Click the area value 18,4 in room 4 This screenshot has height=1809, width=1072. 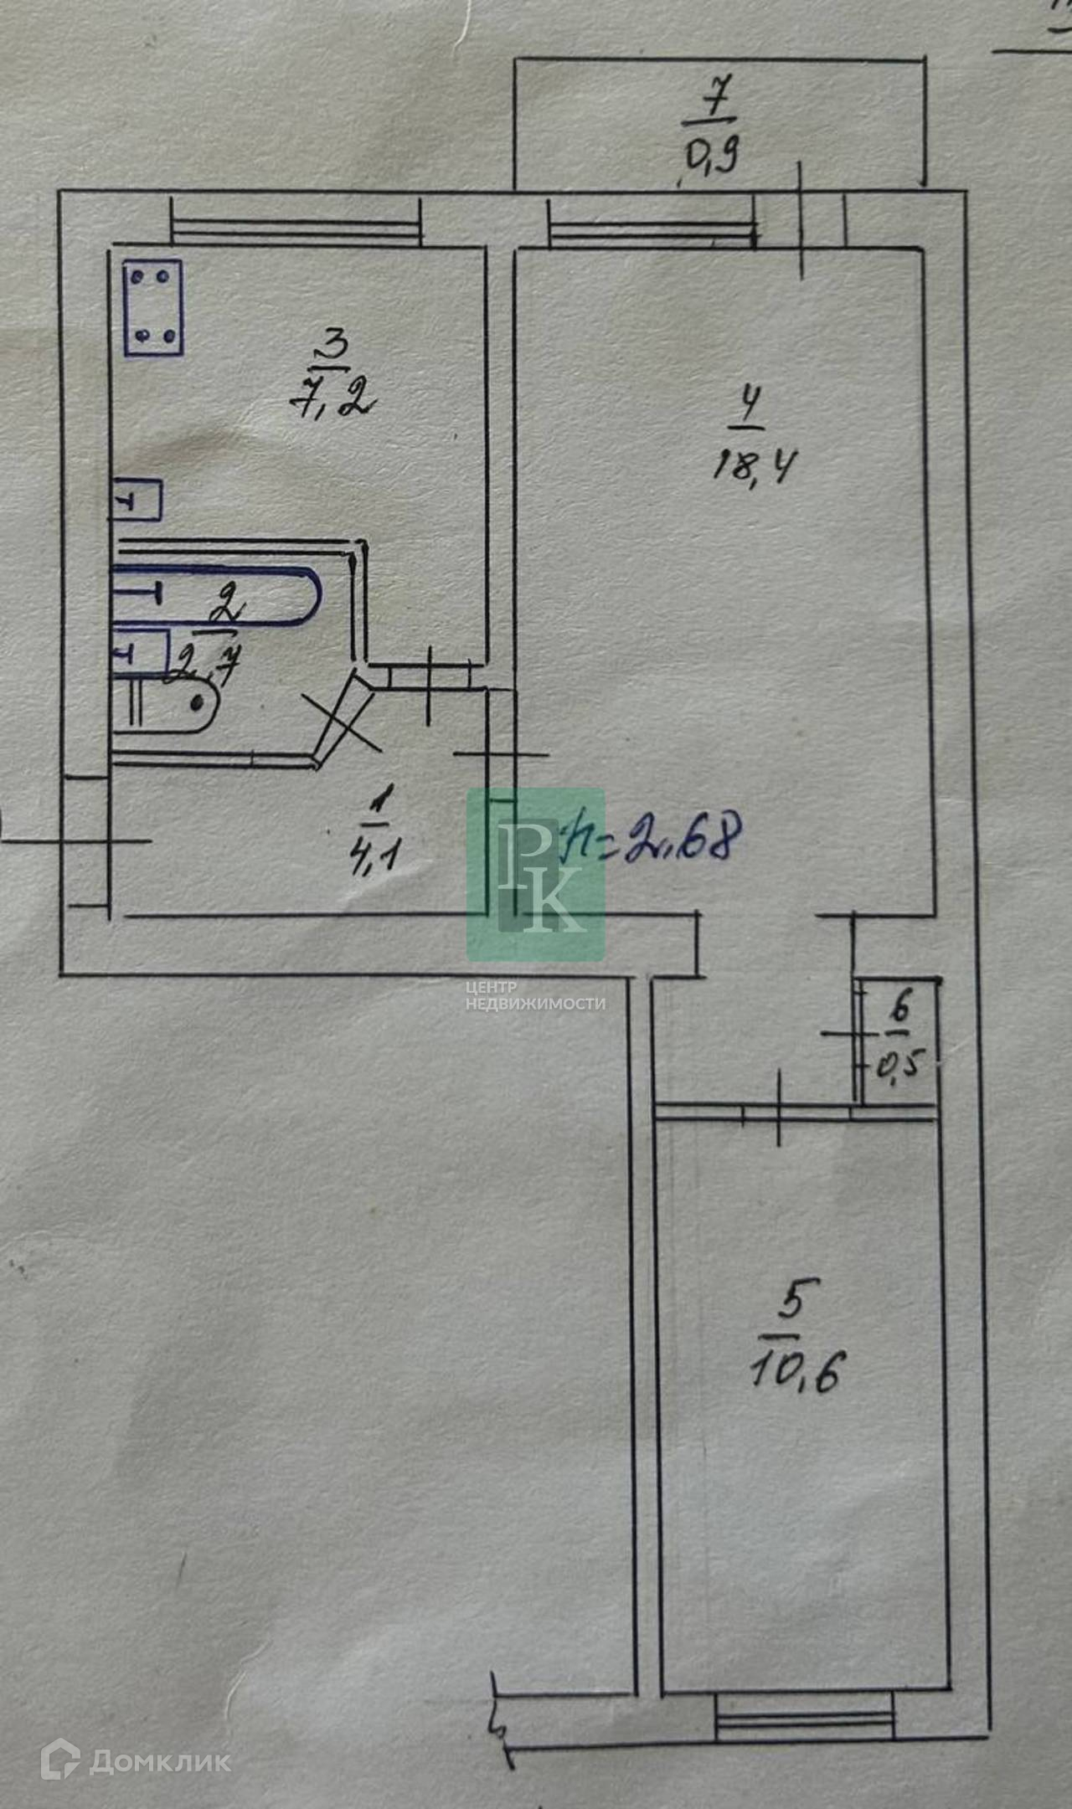point(754,462)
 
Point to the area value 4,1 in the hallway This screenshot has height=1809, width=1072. point(378,856)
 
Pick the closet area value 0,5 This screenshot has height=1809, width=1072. point(899,1068)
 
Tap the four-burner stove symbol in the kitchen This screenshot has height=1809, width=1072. point(153,308)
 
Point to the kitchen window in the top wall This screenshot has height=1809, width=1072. point(295,223)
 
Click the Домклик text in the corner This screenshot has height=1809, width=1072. point(160,1761)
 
